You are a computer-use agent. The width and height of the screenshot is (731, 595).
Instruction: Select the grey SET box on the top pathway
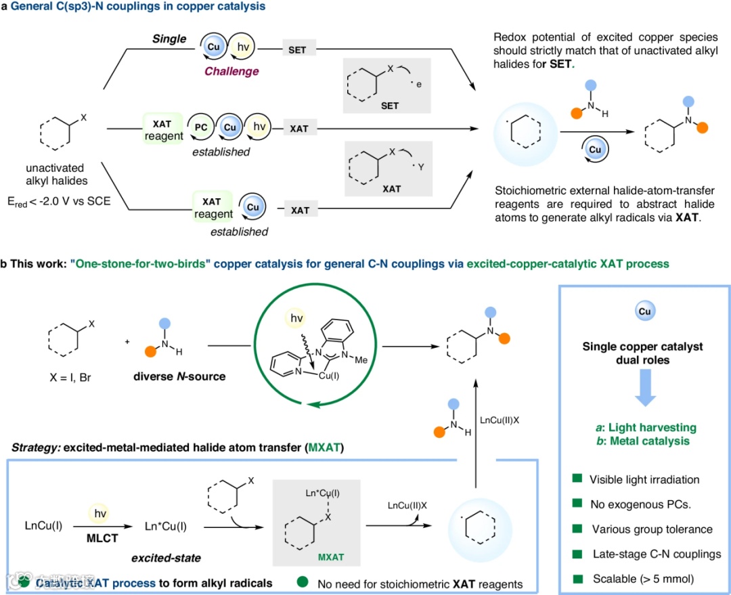coord(297,51)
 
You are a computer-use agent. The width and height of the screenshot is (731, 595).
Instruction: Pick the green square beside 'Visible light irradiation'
coord(577,479)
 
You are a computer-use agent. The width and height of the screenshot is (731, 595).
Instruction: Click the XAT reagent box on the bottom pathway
coord(213,209)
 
